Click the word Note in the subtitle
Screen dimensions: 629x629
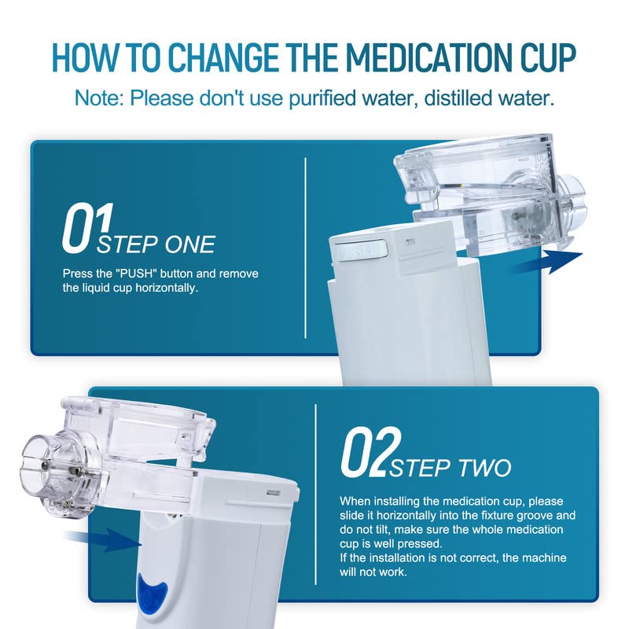pyautogui.click(x=100, y=97)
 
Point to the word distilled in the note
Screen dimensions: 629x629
pyautogui.click(x=456, y=97)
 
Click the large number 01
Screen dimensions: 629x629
pyautogui.click(x=87, y=227)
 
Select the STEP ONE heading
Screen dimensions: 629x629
pyautogui.click(x=156, y=245)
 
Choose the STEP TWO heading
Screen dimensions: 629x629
pyautogui.click(x=450, y=468)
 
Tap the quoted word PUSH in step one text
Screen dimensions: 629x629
pyautogui.click(x=135, y=274)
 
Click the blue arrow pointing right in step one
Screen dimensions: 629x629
pyautogui.click(x=546, y=262)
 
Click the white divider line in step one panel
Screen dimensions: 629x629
pyautogui.click(x=306, y=248)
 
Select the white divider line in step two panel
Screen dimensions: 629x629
pyautogui.click(x=316, y=495)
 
